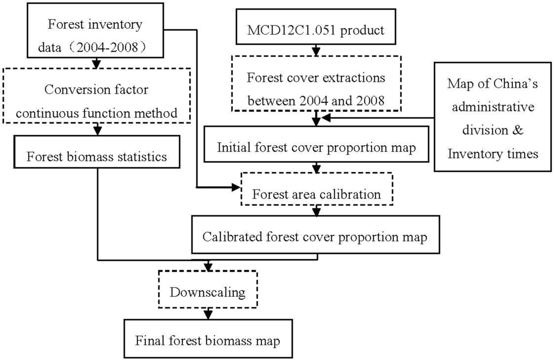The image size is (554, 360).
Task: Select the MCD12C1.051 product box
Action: [x=316, y=30]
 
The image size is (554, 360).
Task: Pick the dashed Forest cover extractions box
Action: [x=317, y=85]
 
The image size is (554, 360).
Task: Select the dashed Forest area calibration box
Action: [x=316, y=193]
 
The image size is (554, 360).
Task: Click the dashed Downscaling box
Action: [x=208, y=292]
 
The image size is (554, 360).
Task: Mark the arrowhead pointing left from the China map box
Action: [x=325, y=117]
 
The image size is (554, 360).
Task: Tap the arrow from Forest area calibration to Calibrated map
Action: [x=316, y=212]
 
